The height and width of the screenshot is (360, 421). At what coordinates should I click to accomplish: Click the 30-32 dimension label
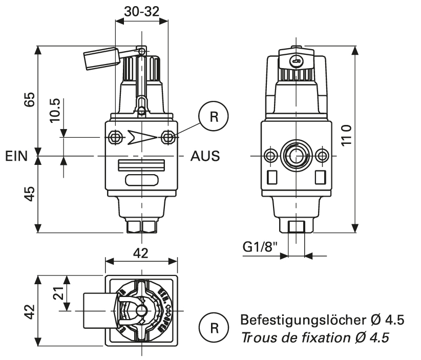coord(142,11)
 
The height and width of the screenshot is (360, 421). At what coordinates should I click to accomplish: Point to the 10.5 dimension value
coord(55,109)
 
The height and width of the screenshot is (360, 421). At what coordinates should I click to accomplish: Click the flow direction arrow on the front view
coord(142,137)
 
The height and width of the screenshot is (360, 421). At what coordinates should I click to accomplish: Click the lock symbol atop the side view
coord(296,62)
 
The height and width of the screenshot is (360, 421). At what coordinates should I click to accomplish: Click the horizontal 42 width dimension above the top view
coord(141,252)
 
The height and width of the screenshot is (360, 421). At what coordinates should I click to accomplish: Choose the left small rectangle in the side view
coord(272,176)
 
